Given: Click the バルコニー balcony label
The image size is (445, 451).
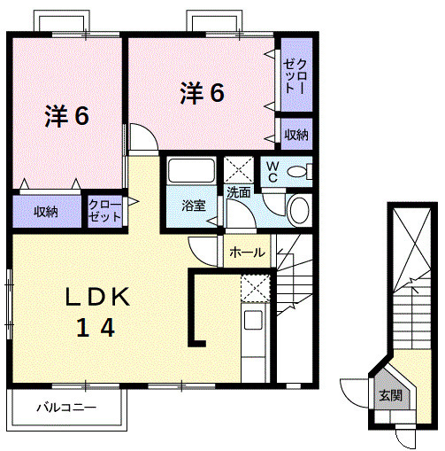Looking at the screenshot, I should (x=66, y=408).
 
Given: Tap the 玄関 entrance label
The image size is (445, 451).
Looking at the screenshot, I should (x=389, y=396).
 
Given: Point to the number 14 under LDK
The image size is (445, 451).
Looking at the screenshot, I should (x=95, y=329).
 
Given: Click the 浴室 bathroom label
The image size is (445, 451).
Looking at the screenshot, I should (x=194, y=206).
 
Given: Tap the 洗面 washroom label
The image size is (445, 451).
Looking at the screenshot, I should (x=238, y=191).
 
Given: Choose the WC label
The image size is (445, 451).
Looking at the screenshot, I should (x=272, y=171).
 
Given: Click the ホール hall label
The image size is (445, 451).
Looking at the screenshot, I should (x=247, y=253).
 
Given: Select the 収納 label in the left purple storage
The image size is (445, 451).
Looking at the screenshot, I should (x=46, y=212).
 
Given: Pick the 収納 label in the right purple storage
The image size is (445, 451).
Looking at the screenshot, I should (x=296, y=135).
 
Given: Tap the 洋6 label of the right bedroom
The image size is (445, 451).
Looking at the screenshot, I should (x=202, y=91).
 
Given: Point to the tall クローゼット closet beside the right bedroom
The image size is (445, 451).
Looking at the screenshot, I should (x=295, y=76).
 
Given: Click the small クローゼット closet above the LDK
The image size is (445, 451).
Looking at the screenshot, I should (x=105, y=212).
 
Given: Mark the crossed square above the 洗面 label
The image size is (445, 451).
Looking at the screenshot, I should (x=239, y=169).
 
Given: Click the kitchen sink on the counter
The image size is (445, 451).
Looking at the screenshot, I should (x=253, y=321).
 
